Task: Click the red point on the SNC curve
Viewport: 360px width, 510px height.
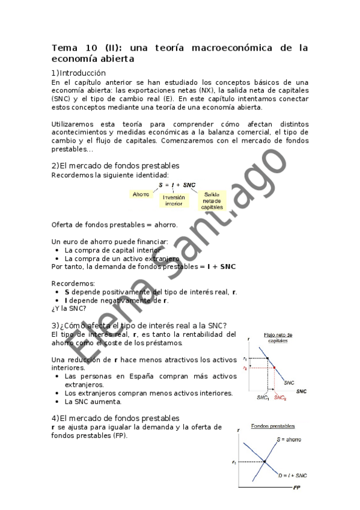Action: (x=274, y=367)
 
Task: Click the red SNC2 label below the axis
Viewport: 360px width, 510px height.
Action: (x=281, y=398)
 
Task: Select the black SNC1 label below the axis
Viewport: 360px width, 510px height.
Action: (x=263, y=398)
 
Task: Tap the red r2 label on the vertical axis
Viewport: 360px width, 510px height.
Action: (x=245, y=367)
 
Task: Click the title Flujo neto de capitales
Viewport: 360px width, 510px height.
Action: (x=277, y=337)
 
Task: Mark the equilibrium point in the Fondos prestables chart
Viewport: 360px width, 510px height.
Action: (x=265, y=461)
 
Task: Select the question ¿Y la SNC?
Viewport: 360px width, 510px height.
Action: (x=69, y=309)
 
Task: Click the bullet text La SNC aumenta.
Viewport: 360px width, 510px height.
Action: (x=93, y=401)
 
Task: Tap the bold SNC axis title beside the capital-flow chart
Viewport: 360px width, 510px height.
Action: (x=301, y=391)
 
